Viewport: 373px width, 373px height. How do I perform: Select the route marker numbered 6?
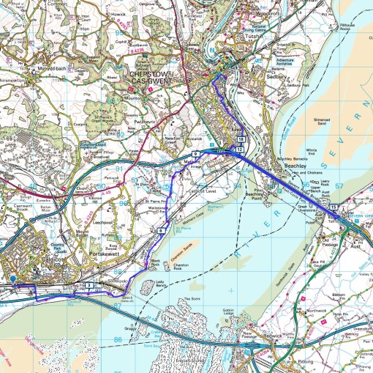[x=159, y=231]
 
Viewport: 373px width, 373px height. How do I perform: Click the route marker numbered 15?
[x=333, y=209]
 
